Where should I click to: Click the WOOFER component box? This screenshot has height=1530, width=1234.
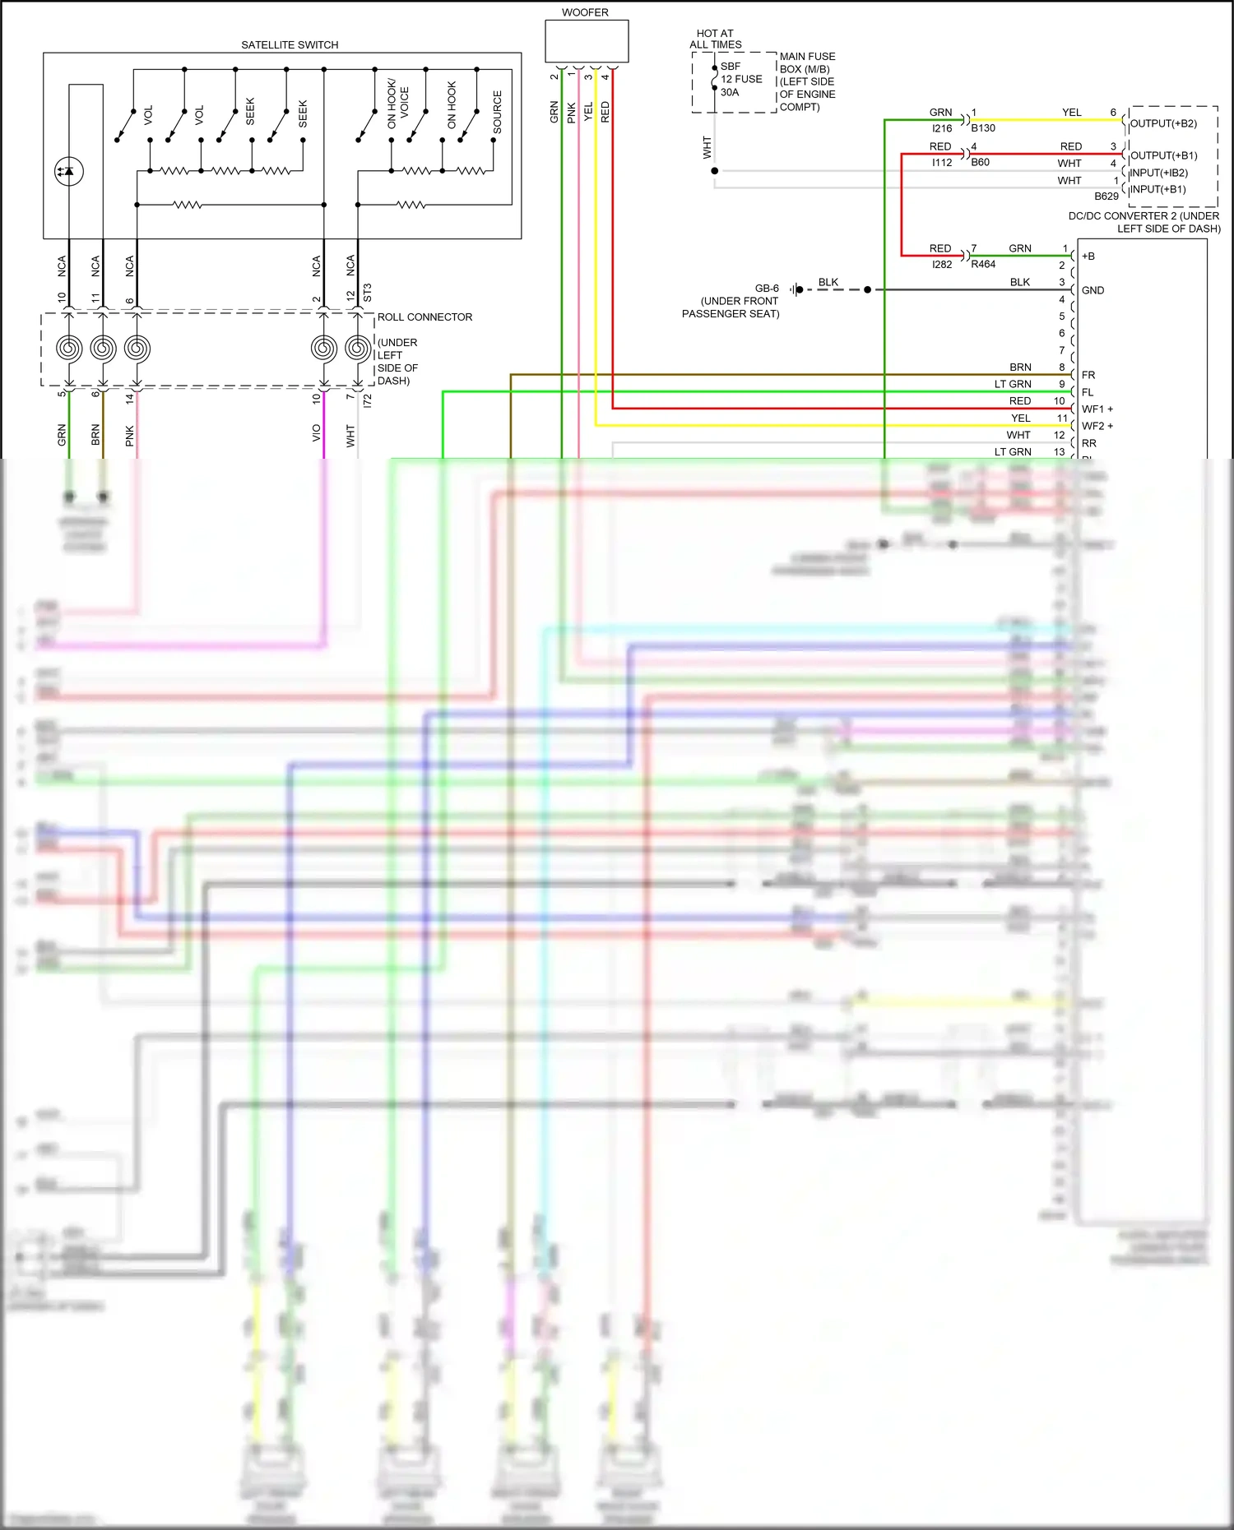(x=587, y=41)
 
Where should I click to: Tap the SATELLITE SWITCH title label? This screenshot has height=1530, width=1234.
(x=290, y=45)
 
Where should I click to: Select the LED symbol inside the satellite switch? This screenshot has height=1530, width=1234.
(x=69, y=171)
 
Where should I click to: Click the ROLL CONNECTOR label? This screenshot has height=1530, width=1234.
(x=424, y=317)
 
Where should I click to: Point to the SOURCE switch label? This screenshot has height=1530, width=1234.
(x=497, y=113)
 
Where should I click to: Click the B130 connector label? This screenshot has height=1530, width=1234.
(x=983, y=128)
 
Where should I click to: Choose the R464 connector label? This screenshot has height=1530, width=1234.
(x=983, y=265)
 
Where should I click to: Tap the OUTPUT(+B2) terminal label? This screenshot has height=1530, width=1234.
(x=1163, y=124)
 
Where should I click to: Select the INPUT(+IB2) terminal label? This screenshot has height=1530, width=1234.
(x=1159, y=173)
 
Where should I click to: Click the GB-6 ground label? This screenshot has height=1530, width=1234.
(x=767, y=289)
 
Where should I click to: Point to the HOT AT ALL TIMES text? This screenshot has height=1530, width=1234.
(x=716, y=39)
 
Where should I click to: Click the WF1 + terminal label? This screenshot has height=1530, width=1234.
(x=1097, y=409)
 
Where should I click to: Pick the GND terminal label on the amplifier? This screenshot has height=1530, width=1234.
(x=1093, y=290)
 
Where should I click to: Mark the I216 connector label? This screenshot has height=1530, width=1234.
(x=942, y=129)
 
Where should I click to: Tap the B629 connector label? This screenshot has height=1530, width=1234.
(x=1106, y=196)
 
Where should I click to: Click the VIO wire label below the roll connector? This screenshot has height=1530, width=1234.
(x=317, y=433)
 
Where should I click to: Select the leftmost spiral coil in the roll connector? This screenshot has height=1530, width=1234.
(x=69, y=349)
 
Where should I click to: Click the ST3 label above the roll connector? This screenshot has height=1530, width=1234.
(x=368, y=293)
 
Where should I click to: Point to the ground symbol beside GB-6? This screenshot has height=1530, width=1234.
(x=796, y=289)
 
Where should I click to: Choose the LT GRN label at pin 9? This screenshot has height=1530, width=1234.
(x=1013, y=384)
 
